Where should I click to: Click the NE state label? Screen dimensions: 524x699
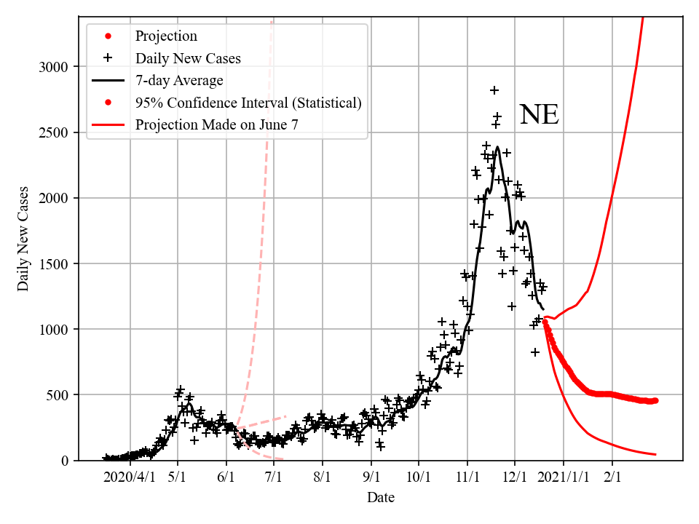539,116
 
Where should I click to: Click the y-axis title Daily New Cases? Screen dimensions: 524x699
23,239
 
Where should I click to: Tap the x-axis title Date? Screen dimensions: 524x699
381,498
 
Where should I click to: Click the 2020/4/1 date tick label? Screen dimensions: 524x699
130,477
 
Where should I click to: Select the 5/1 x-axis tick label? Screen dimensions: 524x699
178,477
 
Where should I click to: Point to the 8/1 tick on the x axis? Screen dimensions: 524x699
323,477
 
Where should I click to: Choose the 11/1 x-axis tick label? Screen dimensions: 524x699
467,477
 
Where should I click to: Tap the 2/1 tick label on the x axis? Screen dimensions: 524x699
612,477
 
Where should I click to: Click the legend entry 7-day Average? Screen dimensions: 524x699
179,80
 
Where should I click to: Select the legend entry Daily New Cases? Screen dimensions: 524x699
188,57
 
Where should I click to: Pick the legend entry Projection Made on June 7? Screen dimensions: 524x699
216,125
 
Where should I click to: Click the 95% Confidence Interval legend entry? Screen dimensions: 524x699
248,103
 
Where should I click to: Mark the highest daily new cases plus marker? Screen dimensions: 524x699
494,90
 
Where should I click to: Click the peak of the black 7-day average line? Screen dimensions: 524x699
497,148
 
